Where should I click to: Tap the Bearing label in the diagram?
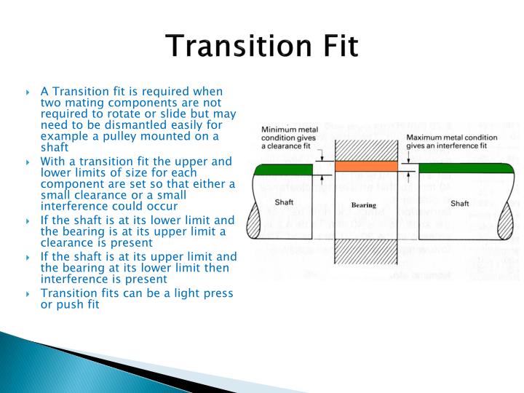[364, 206]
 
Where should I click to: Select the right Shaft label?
[460, 203]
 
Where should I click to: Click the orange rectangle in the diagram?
[366, 167]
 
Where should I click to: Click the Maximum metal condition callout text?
[452, 142]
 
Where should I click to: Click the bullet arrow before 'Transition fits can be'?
[28, 294]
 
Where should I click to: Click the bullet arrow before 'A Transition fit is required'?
[28, 92]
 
